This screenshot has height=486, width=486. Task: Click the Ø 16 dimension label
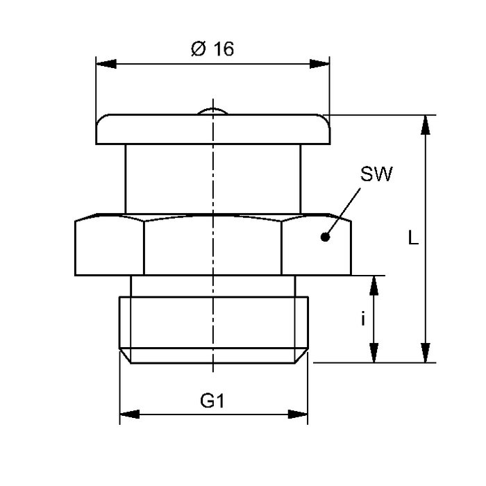point(212,49)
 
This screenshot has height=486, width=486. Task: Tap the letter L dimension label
point(412,239)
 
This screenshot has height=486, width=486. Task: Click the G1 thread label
point(213,401)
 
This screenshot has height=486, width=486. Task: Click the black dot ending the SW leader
point(324,237)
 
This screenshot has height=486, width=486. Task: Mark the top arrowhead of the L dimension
point(426,124)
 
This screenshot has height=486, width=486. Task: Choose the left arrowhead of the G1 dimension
point(129,414)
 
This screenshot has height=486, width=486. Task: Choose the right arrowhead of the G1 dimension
point(299,414)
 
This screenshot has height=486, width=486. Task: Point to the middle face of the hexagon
point(213,246)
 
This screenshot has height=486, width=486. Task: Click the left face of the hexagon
point(109,246)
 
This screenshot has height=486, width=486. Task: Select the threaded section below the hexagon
point(213,323)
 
